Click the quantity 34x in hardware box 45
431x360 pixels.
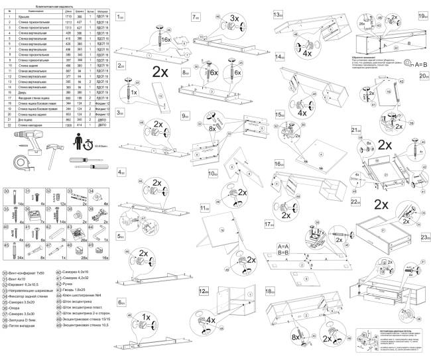click(x=21, y=257)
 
